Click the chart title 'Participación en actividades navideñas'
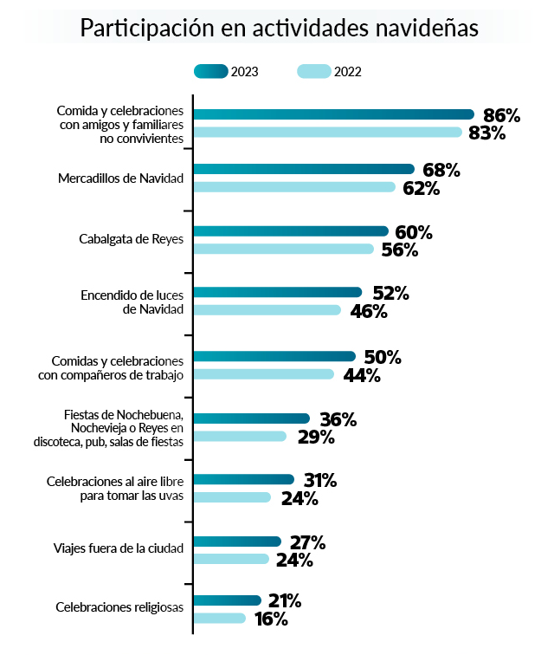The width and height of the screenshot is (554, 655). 279,28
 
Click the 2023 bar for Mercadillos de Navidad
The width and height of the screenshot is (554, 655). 304,170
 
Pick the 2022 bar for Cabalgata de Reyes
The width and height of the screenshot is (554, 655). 283,250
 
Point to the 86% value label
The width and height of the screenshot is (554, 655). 502,114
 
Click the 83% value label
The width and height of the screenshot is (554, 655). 486,133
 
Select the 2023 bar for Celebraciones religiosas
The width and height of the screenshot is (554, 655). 227,600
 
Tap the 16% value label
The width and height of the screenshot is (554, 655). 270,619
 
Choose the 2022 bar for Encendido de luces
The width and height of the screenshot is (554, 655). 267,310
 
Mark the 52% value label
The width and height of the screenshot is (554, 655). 390,293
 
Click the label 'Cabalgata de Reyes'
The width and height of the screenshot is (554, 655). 130,240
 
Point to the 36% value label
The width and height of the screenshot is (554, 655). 338,419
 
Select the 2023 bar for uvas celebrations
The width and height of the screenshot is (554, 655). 243,480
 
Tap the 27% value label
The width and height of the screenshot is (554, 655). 307,542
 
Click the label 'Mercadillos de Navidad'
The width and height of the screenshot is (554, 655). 121,178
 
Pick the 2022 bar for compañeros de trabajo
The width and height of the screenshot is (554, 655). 263,374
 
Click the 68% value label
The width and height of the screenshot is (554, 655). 441,170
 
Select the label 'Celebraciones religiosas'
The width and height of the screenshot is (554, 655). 119,608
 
